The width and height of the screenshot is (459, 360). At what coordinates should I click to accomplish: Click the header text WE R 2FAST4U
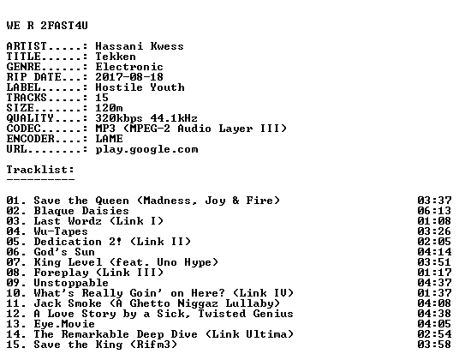coord(47,26)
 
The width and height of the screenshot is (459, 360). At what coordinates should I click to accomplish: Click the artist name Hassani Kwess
coord(140,46)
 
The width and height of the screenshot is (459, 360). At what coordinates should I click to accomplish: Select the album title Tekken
coord(116,57)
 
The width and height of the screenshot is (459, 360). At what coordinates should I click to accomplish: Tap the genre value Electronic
coord(129,67)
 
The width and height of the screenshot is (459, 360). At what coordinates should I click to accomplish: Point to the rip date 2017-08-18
coord(129,77)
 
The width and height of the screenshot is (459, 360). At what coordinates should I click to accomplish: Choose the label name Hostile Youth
coord(140,87)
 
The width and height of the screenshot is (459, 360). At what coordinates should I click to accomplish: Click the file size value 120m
coord(109,108)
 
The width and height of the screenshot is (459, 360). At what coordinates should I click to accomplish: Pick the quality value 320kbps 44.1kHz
coord(146,118)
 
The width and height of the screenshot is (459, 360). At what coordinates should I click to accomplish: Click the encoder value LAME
coord(109,139)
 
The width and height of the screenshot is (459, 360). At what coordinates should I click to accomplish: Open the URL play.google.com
coord(146,149)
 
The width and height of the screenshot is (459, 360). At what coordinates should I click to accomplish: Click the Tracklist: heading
coord(40,170)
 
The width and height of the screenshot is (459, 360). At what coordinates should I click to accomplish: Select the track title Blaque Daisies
coord(81,211)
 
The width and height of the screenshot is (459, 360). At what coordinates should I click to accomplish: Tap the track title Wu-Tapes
coord(61,231)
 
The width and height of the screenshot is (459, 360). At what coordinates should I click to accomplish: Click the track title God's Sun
coord(64,252)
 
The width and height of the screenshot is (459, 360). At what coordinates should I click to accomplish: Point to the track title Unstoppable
coord(71,283)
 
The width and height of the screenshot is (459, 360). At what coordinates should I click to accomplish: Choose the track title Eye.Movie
coord(64,324)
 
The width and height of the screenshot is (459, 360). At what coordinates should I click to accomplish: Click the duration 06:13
coord(434,211)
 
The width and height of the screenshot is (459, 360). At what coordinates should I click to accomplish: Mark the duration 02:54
coord(434,334)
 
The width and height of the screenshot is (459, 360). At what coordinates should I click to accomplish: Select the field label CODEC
coord(23,129)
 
